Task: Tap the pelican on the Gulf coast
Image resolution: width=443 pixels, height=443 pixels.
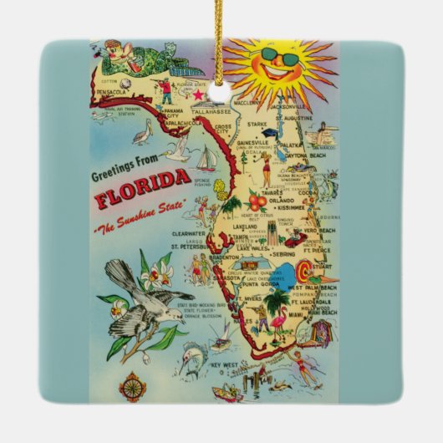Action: click(x=145, y=131)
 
